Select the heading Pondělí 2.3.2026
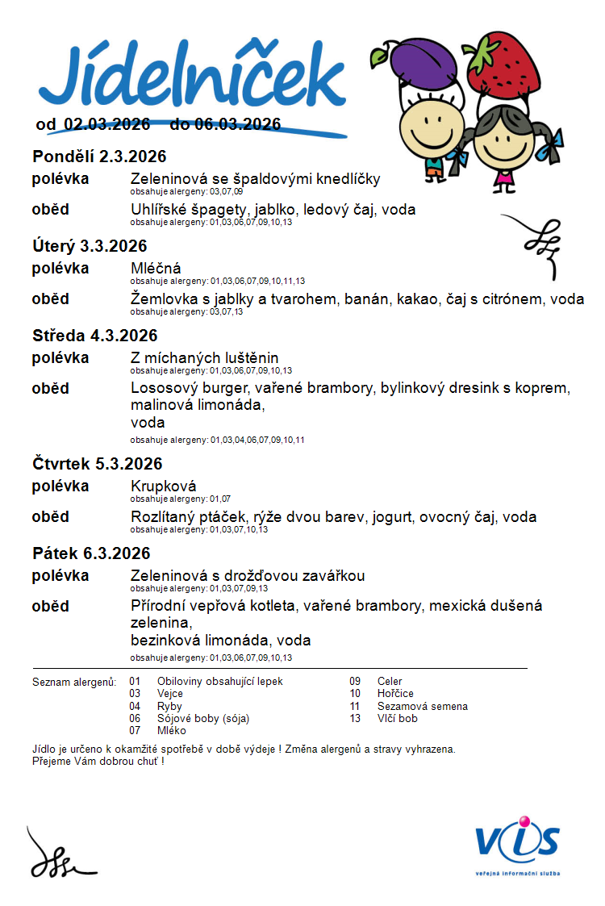click(99, 157)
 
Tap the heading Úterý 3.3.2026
click(90, 246)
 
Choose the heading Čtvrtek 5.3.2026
click(98, 464)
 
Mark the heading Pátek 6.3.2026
click(91, 553)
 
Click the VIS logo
click(517, 839)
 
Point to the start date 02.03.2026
click(107, 124)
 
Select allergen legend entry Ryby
click(170, 706)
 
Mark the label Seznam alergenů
click(74, 682)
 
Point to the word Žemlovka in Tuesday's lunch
click(163, 299)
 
